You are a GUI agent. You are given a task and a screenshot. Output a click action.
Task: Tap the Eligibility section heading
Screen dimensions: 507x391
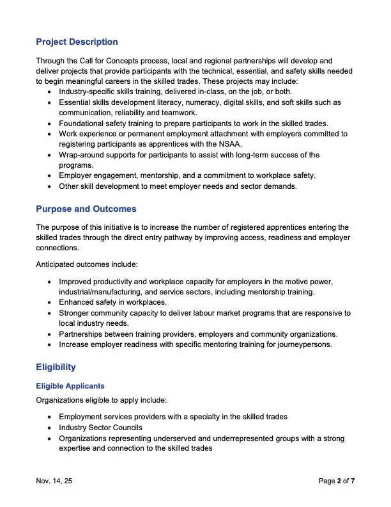56,367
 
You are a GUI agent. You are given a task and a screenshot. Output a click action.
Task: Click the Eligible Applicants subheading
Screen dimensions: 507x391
70,386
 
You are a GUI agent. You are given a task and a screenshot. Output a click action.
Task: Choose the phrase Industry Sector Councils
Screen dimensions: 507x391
100,427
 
